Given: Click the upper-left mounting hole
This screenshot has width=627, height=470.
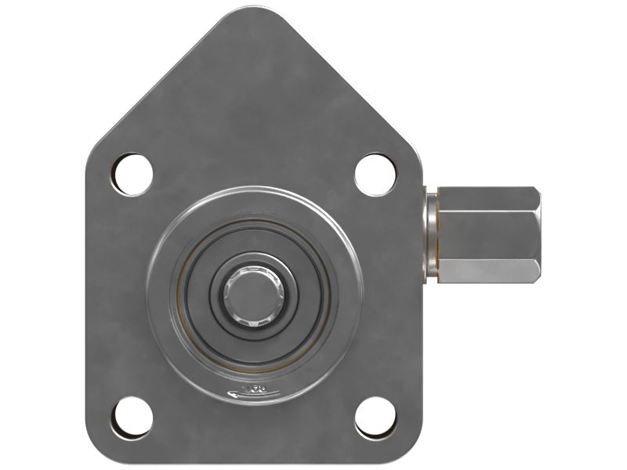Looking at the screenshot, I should (x=132, y=174).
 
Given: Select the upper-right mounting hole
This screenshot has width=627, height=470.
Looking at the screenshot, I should (x=375, y=174).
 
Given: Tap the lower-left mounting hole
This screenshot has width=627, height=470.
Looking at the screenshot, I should (x=132, y=418).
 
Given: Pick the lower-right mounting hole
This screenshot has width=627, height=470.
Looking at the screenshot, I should (x=375, y=418).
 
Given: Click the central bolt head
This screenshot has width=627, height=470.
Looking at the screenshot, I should (x=252, y=295).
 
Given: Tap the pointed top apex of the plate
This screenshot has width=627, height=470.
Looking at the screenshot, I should (x=254, y=11).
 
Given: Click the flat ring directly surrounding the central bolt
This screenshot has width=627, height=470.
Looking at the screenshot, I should (x=252, y=329).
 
